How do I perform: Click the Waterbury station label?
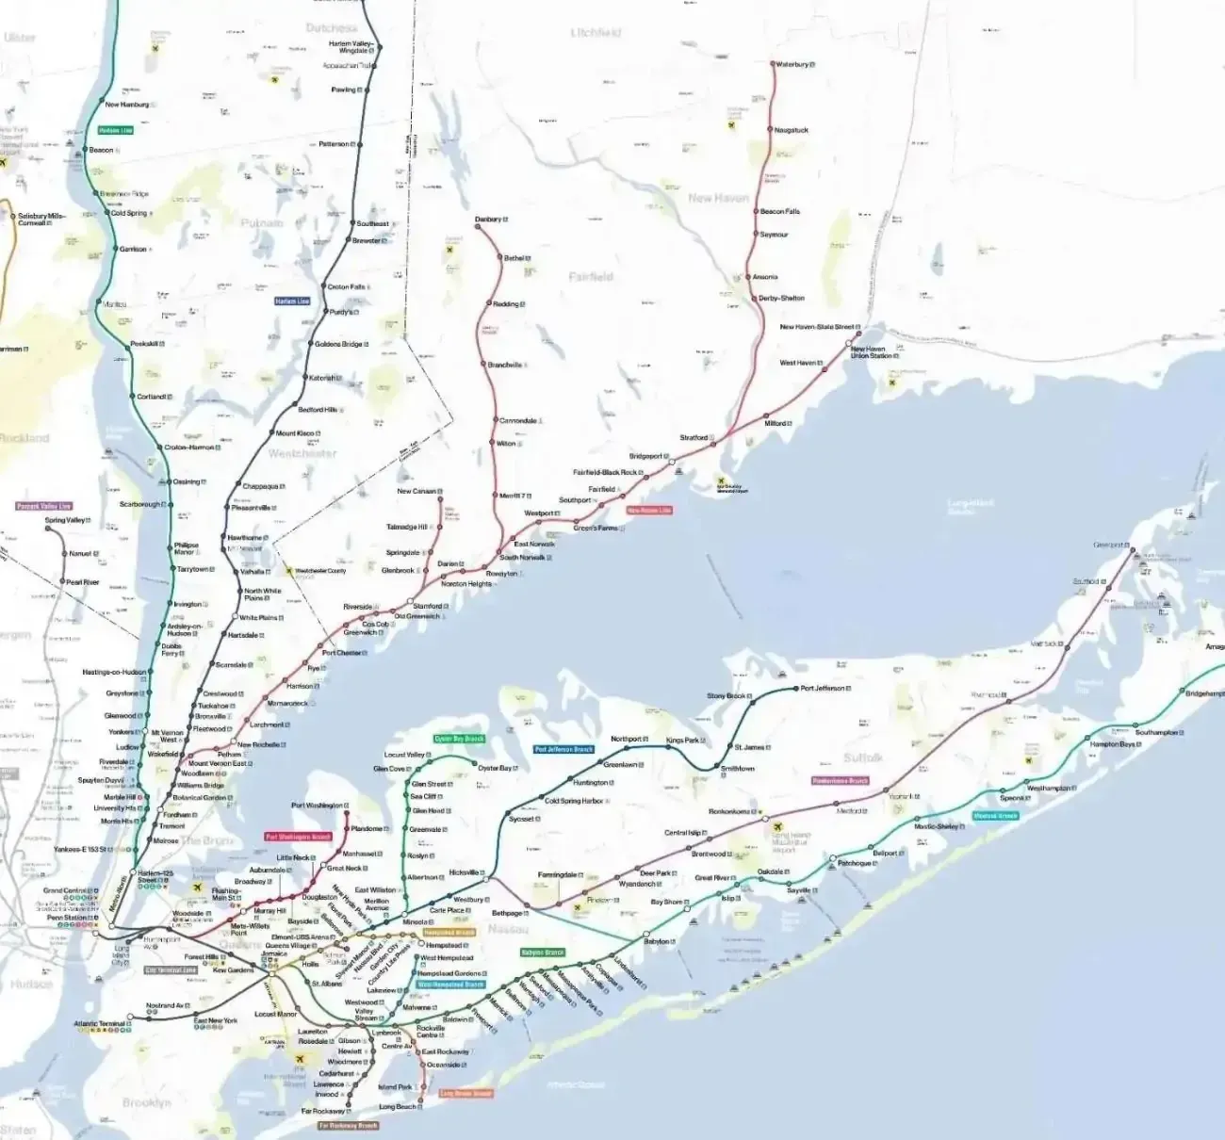(792, 64)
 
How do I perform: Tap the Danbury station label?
(489, 220)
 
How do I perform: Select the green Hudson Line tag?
(116, 130)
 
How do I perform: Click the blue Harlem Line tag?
(292, 301)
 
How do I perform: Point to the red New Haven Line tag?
(648, 510)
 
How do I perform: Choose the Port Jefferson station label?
(824, 689)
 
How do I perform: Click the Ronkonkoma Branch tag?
(840, 781)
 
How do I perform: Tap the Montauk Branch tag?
(995, 816)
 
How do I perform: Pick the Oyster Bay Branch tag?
(459, 740)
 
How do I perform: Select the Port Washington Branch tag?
(299, 837)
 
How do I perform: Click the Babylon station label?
(657, 942)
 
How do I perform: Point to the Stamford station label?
(428, 606)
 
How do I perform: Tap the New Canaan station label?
(416, 491)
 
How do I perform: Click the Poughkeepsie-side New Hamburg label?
(127, 105)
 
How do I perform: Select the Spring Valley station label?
(66, 520)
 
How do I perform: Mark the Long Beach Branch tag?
(465, 1094)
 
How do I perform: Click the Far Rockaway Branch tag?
(348, 1125)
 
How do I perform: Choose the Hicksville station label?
(465, 872)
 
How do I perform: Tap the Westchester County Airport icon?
(289, 571)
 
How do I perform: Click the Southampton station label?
(1156, 732)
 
